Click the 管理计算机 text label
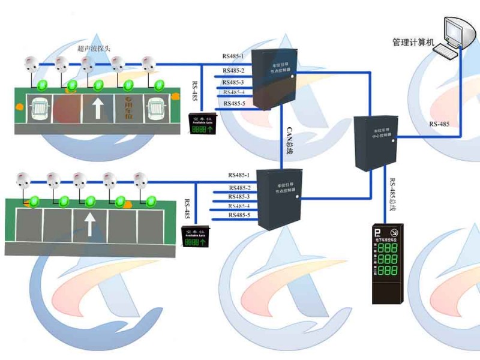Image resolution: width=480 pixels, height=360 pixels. (413, 43)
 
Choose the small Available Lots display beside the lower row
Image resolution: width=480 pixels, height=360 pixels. (193, 235)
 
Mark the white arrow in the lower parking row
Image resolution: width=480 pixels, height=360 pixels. (88, 225)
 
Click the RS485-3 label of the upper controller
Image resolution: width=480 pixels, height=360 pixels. (233, 82)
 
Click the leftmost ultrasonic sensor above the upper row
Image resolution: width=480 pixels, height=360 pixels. (31, 62)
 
